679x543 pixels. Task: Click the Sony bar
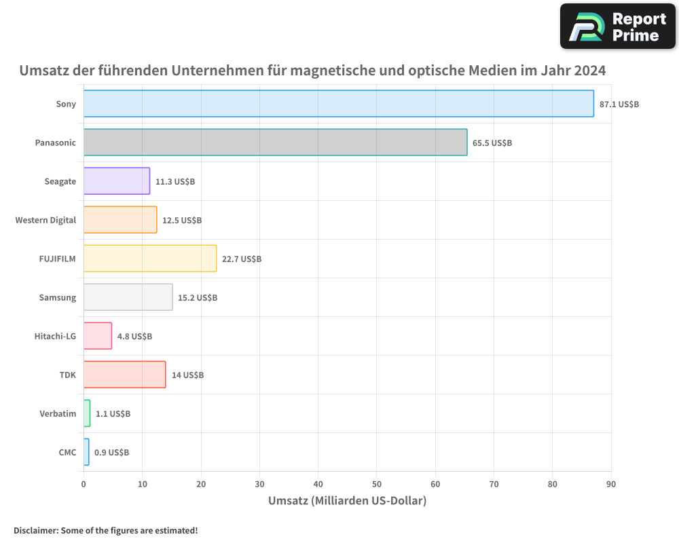click(338, 104)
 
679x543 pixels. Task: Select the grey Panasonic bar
click(275, 143)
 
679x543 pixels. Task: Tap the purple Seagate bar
click(117, 181)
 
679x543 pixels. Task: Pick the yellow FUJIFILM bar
click(150, 259)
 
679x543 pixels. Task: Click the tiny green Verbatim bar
click(87, 413)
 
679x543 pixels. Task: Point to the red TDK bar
click(124, 375)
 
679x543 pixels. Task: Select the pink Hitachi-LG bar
click(98, 336)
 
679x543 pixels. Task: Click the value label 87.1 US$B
click(619, 105)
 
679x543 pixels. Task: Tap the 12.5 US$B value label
click(182, 221)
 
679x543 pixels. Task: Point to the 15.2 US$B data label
click(198, 298)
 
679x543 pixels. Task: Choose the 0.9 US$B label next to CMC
click(111, 453)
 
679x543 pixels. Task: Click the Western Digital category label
click(45, 220)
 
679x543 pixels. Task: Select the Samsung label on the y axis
click(58, 297)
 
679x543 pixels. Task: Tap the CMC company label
click(67, 452)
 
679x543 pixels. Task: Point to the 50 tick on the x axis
click(377, 484)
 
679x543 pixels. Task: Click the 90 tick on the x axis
click(611, 484)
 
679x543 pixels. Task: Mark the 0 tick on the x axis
click(84, 484)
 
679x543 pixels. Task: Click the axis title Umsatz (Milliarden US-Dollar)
click(347, 501)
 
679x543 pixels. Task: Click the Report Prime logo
click(617, 26)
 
